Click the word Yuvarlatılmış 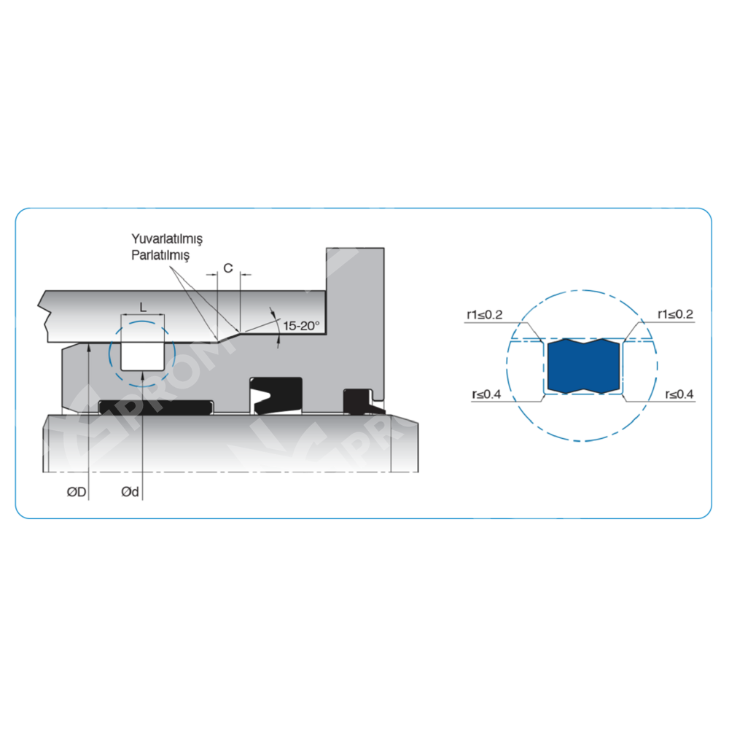(167, 239)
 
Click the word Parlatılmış (160, 255)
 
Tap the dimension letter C (227, 268)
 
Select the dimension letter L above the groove (143, 308)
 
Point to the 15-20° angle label (301, 326)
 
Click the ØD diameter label (77, 492)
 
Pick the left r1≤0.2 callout (485, 315)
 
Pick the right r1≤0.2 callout (675, 314)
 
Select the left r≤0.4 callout (486, 394)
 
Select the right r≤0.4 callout (679, 394)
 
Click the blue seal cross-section (583, 366)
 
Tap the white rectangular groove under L (142, 356)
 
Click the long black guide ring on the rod (156, 407)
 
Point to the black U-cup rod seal (276, 396)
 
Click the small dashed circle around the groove (142, 354)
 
